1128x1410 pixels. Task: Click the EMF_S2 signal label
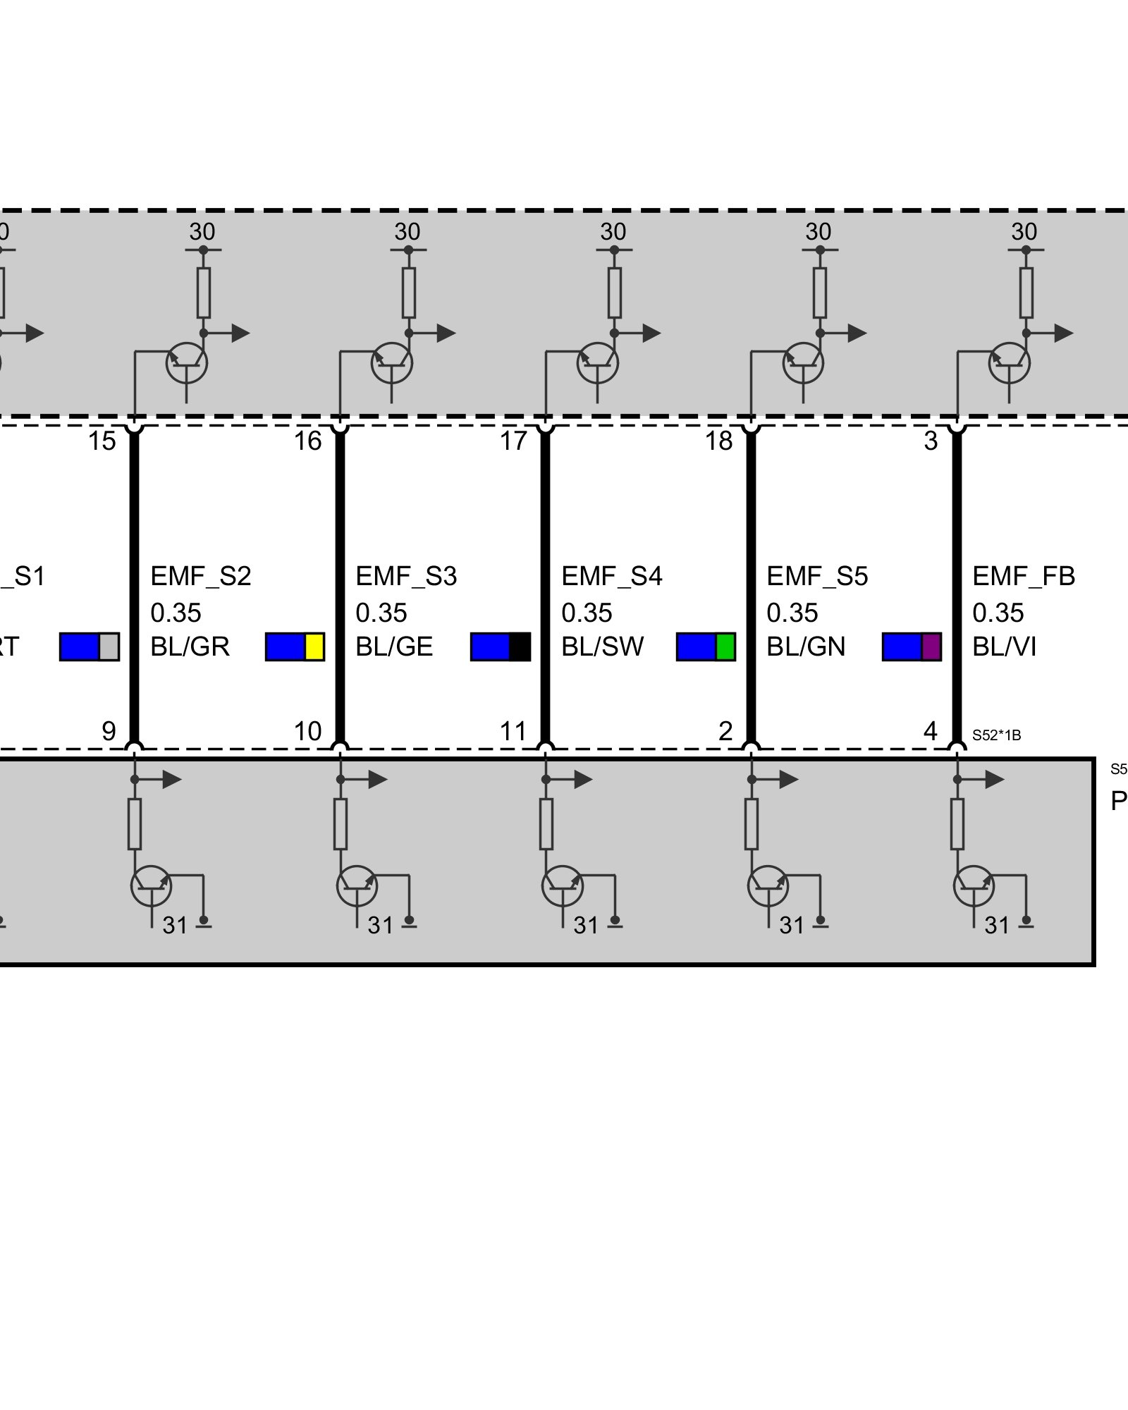point(201,576)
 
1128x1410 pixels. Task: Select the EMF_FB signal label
point(1024,576)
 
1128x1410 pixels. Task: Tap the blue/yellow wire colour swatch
point(295,646)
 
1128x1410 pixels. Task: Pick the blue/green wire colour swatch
point(706,646)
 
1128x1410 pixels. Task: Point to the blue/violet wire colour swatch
point(912,646)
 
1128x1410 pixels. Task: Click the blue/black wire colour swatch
point(500,646)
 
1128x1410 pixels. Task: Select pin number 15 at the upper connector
point(102,441)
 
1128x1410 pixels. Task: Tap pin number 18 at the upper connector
point(719,441)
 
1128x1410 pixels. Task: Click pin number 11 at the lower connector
point(513,731)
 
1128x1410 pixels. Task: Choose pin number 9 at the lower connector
point(109,731)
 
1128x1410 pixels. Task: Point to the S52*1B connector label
point(996,735)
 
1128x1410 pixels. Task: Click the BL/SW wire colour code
point(602,646)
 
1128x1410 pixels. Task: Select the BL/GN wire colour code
point(806,646)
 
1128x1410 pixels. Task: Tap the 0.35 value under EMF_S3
point(381,613)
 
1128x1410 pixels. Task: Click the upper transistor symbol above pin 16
point(392,363)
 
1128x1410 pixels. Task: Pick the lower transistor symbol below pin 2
point(768,886)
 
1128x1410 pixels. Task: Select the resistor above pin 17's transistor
point(615,293)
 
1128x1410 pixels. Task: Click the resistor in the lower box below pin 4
point(957,824)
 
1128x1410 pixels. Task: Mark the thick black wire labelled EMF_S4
point(545,585)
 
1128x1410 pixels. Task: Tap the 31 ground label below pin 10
point(380,925)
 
